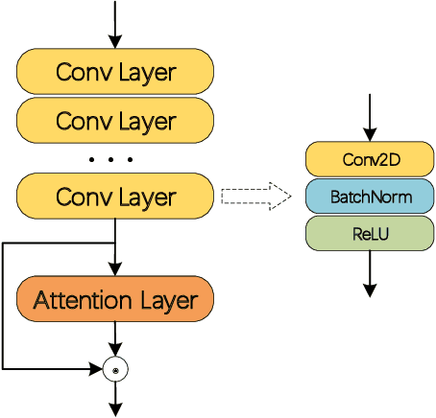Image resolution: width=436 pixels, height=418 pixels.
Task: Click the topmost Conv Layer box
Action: (x=115, y=72)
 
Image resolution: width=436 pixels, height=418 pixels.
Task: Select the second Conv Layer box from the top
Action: (x=115, y=122)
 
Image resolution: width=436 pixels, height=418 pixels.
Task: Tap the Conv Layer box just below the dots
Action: (x=115, y=197)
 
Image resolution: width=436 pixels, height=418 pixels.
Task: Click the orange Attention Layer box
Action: (x=115, y=300)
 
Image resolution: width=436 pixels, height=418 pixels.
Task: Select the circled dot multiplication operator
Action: (x=115, y=368)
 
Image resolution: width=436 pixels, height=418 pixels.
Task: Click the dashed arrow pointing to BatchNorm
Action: (x=255, y=197)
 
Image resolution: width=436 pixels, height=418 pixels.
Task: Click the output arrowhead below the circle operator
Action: (x=115, y=409)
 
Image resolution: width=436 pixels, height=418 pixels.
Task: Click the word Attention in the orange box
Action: (x=81, y=300)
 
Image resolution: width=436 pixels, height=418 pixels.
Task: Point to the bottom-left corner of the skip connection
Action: (x=3, y=368)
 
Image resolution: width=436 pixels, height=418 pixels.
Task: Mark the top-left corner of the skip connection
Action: (x=3, y=244)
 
